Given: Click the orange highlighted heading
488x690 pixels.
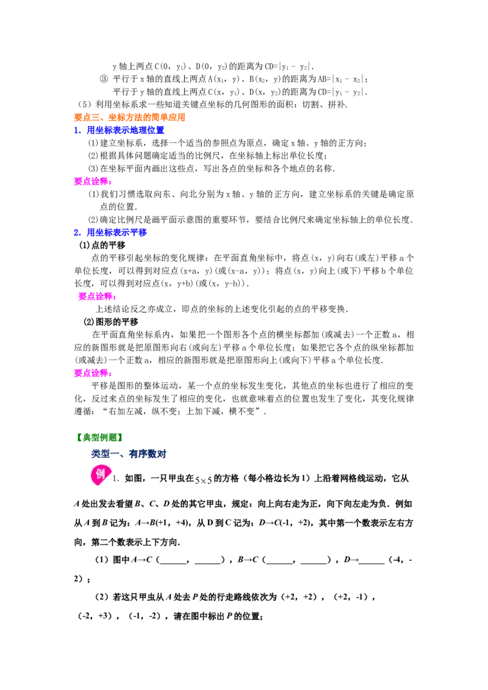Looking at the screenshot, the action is pyautogui.click(x=129, y=116).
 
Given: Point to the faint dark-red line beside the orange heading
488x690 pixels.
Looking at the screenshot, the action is pyautogui.click(x=335, y=114).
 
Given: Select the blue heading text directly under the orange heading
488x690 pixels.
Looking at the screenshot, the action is pyautogui.click(x=126, y=129).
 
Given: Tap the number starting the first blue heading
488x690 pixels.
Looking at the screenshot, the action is pyautogui.click(x=77, y=129).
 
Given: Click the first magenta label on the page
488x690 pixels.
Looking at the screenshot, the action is pyautogui.click(x=92, y=180).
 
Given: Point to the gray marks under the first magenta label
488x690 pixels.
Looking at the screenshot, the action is pyautogui.click(x=98, y=188).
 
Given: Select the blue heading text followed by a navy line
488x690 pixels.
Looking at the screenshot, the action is pyautogui.click(x=117, y=232).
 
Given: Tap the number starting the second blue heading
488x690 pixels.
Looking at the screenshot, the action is pyautogui.click(x=77, y=232).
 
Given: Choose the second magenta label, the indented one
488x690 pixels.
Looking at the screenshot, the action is pyautogui.click(x=97, y=297).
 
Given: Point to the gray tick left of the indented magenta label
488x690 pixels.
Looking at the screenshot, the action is pyautogui.click(x=76, y=296).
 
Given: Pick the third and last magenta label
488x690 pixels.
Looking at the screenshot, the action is pyautogui.click(x=92, y=372).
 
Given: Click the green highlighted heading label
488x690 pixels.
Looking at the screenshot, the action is pyautogui.click(x=99, y=436).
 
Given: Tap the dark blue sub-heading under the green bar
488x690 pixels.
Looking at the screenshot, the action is pyautogui.click(x=128, y=454).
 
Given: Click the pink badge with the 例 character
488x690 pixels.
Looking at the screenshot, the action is pyautogui.click(x=100, y=474).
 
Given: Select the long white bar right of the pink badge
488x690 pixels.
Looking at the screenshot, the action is pyautogui.click(x=299, y=470).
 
